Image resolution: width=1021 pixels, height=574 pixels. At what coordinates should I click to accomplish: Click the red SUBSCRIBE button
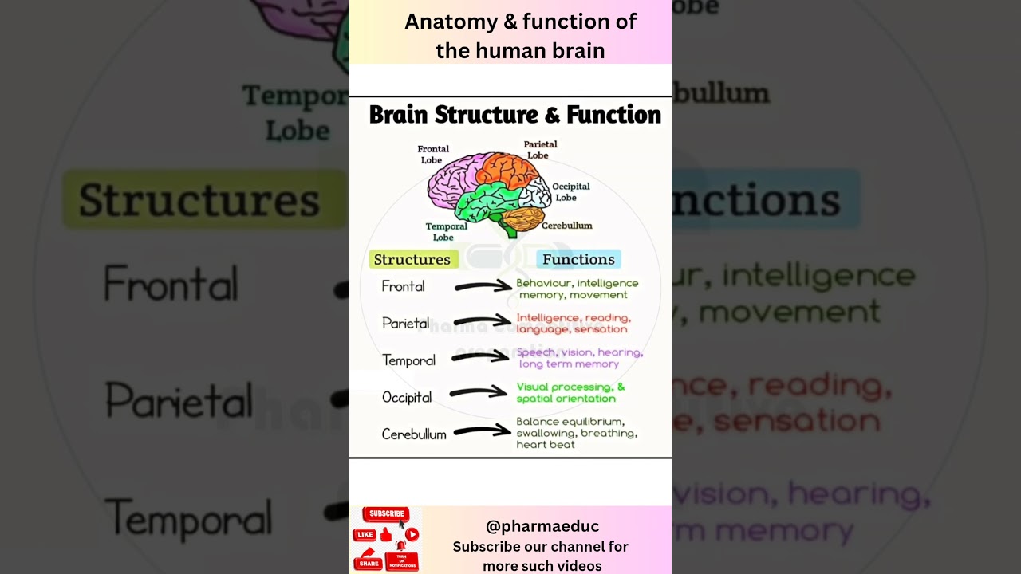[386, 514]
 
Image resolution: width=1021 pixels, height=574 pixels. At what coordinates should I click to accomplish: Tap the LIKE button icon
[365, 535]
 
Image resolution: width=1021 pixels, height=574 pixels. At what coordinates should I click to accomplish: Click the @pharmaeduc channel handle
[542, 526]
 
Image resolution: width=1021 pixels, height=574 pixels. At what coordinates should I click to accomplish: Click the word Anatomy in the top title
[451, 22]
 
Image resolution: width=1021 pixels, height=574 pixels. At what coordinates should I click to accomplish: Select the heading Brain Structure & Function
[514, 115]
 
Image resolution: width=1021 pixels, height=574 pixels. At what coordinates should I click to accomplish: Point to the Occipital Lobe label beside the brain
[570, 192]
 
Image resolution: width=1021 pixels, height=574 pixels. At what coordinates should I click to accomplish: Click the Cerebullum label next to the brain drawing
[567, 226]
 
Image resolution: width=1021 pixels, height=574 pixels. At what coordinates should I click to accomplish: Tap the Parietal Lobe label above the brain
[540, 150]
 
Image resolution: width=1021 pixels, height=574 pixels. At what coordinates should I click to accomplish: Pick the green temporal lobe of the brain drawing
[487, 202]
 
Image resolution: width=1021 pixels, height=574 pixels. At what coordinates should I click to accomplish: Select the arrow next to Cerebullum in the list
[482, 431]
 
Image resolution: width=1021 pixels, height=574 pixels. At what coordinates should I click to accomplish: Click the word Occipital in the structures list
[407, 397]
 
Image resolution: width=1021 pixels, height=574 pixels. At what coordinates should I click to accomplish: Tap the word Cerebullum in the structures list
[414, 434]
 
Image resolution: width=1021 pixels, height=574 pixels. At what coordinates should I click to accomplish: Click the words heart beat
[546, 445]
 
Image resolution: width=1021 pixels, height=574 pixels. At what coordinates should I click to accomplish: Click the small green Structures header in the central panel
[412, 259]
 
